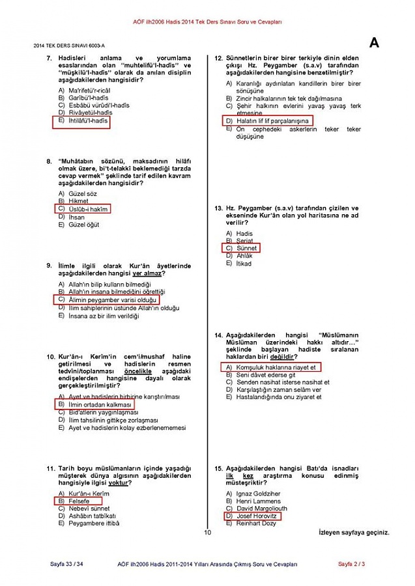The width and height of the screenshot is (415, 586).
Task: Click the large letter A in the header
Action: click(374, 43)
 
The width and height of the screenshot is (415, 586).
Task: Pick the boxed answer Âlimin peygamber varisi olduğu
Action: click(108, 300)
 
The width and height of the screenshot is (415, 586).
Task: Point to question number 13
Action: click(220, 208)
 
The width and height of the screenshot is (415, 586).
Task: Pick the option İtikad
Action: click(244, 264)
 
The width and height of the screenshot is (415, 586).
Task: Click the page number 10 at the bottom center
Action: click(207, 533)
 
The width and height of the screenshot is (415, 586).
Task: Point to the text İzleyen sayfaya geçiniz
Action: click(354, 533)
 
